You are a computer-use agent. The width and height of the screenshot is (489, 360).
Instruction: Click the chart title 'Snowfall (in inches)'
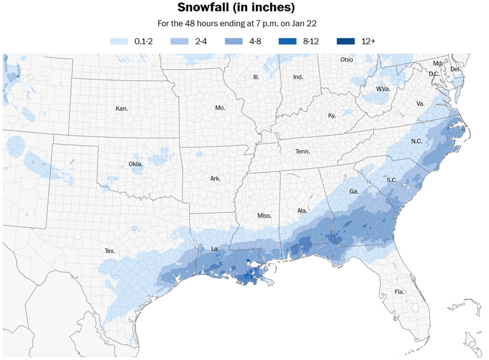click(236, 8)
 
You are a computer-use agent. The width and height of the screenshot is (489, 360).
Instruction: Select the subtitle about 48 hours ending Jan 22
click(237, 24)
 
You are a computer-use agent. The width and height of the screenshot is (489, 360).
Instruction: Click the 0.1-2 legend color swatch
click(119, 41)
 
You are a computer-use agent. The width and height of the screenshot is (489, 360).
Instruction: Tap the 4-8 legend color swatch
click(234, 41)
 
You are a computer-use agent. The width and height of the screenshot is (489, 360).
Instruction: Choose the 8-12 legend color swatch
click(288, 41)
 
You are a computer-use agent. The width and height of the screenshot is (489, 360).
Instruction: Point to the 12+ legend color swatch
click(346, 41)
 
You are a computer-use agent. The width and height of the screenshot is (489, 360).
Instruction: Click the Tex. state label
click(110, 251)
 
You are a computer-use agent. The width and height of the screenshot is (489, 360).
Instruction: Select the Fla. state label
click(399, 292)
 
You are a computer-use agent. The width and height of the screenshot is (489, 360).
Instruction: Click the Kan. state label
click(122, 109)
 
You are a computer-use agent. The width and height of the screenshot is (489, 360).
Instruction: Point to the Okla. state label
click(136, 164)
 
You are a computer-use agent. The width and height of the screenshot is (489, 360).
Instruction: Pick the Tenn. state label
click(302, 152)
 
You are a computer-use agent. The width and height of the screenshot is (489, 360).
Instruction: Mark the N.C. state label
click(416, 141)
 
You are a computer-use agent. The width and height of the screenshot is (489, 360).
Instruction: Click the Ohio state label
click(346, 60)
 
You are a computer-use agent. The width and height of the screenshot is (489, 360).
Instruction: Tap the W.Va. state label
click(383, 89)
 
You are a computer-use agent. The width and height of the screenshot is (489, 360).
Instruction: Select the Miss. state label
click(264, 215)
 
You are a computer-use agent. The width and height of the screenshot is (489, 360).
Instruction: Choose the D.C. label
click(434, 74)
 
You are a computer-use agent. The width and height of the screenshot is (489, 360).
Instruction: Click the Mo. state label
click(220, 108)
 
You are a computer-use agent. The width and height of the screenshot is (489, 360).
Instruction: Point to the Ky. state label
click(332, 115)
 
